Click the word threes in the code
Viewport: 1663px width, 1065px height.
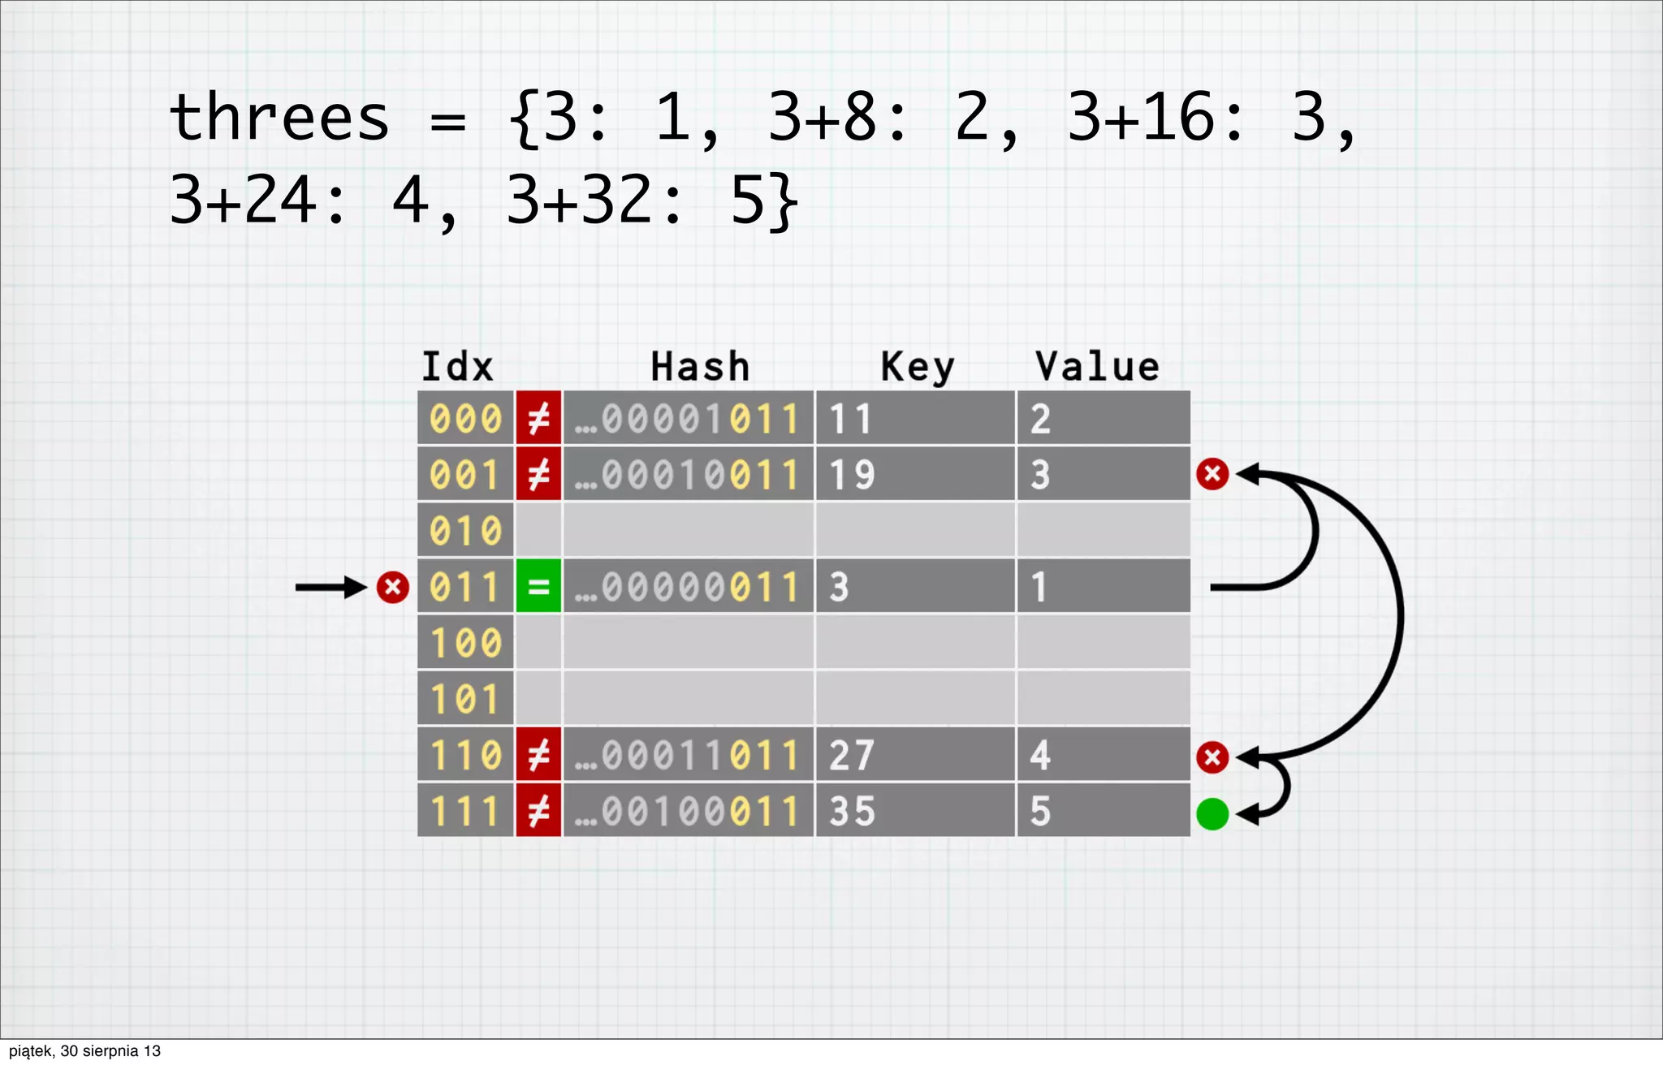point(279,118)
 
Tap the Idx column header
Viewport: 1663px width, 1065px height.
point(457,367)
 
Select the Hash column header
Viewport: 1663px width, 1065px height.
point(700,367)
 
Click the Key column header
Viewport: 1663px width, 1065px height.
point(918,367)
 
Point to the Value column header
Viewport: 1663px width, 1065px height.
point(1097,367)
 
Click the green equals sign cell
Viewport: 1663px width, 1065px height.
point(538,586)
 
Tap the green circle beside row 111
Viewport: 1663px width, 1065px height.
point(1212,814)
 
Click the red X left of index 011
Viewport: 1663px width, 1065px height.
point(392,587)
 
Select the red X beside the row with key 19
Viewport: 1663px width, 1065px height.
point(1212,473)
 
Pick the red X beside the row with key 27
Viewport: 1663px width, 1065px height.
point(1212,757)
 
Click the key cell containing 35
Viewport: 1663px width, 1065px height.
point(914,811)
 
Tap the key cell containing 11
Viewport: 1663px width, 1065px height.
point(914,419)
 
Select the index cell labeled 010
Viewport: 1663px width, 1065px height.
point(465,531)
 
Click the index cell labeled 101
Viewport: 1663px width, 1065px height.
point(465,699)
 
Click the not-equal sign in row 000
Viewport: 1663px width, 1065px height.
point(538,419)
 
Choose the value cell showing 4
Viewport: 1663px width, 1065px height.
point(1103,755)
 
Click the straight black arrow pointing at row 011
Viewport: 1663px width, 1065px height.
point(330,587)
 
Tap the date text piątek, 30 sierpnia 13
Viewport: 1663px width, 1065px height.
point(84,1051)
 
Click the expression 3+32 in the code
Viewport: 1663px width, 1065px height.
point(581,200)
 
